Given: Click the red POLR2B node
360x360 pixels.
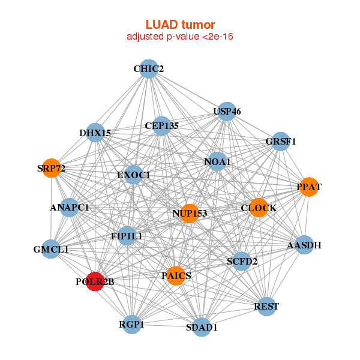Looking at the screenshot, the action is [x=95, y=281].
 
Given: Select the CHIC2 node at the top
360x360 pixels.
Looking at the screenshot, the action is [x=148, y=69].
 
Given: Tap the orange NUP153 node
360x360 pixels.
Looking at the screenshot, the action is [x=190, y=213].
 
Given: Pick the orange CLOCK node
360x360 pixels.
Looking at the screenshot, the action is [x=259, y=208].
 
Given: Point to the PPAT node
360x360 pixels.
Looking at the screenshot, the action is [x=309, y=187].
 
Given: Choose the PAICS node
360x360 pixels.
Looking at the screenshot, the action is [x=176, y=275].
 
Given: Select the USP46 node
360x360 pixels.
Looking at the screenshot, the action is [x=227, y=112].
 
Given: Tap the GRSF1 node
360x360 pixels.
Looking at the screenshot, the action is [x=281, y=142].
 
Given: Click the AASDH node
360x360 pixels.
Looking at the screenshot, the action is [x=304, y=245].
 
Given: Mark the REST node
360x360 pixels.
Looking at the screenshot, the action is [x=266, y=306].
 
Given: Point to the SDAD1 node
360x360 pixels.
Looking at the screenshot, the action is [x=202, y=327].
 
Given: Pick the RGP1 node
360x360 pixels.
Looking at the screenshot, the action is [x=132, y=325].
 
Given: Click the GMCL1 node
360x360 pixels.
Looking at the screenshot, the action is [x=50, y=248].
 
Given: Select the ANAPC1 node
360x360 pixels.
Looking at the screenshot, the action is [x=70, y=208].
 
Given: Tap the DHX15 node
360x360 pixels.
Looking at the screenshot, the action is [x=95, y=133].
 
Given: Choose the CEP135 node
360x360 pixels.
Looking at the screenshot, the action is [x=161, y=126].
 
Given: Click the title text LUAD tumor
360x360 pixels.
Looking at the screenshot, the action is [x=180, y=25].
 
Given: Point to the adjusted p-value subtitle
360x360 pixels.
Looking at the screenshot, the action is [x=180, y=37].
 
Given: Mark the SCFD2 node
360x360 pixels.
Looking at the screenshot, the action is [x=242, y=261].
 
